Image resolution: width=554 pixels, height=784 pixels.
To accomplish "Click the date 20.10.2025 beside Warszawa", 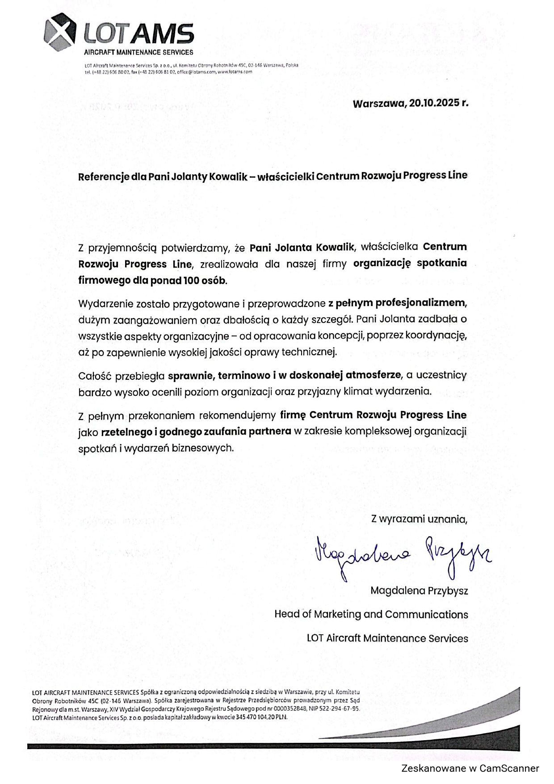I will (x=434, y=104).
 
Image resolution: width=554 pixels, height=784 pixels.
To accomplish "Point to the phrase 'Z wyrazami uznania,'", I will (x=419, y=519).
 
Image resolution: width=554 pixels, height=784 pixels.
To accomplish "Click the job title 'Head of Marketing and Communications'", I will (x=371, y=614).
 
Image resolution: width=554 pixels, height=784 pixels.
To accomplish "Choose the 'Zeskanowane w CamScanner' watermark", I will (x=470, y=768).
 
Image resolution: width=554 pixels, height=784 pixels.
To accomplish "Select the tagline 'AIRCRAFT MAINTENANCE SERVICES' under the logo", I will (x=139, y=53).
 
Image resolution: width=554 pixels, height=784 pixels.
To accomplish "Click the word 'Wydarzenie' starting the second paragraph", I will (x=100, y=304).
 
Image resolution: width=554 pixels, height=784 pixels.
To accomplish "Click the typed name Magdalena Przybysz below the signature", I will (x=419, y=591).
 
